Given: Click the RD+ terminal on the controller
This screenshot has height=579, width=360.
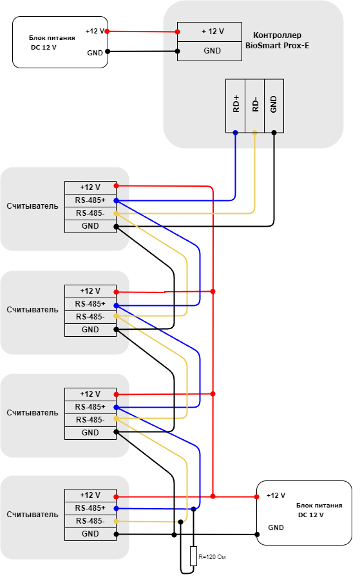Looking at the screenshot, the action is click(236, 106).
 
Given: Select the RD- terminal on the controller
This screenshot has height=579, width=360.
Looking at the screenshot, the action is click(255, 106).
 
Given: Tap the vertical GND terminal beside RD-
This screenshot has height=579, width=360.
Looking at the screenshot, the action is click(274, 106).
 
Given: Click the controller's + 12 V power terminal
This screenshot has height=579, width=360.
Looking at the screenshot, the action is click(210, 32).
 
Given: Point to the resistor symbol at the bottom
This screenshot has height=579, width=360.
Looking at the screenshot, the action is click(193, 556).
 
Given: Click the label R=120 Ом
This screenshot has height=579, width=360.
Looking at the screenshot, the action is click(212, 557).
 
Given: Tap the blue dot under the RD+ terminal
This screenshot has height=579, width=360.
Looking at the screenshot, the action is click(236, 133).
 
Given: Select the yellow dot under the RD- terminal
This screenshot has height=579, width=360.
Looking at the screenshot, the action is click(255, 133).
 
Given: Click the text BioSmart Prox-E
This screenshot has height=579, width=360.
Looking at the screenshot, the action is click(278, 46).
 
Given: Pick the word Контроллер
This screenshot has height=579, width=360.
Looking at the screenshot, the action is click(278, 35).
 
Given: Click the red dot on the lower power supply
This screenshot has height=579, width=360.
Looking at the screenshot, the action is click(256, 497).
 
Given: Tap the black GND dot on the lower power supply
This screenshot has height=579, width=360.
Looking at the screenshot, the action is click(257, 535).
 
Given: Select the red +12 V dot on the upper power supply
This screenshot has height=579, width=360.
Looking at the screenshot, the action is click(107, 32).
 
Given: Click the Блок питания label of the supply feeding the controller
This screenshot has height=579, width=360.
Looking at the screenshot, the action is click(52, 37).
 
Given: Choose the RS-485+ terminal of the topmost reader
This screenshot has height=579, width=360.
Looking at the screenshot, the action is click(90, 200).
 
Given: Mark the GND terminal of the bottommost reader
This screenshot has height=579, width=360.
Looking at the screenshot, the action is click(90, 534).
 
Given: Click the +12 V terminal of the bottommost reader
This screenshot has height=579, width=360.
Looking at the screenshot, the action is click(90, 495).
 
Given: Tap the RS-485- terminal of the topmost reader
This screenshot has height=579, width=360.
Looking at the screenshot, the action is click(90, 213).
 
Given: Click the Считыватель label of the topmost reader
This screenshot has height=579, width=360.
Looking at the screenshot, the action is click(32, 206).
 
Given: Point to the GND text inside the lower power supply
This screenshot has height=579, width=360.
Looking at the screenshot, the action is click(276, 527).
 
